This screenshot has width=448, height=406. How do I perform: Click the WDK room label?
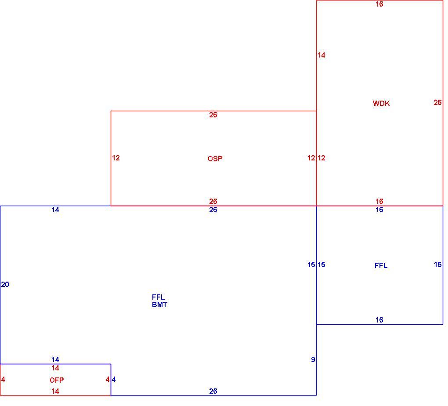pyautogui.click(x=381, y=103)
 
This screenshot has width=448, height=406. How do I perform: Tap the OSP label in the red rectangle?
pyautogui.click(x=215, y=159)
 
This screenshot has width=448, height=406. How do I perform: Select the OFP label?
pyautogui.click(x=57, y=380)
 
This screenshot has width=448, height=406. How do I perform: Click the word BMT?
pyautogui.click(x=160, y=305)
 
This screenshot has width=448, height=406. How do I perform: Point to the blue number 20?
pyautogui.click(x=5, y=284)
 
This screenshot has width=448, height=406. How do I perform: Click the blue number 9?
pyautogui.click(x=313, y=360)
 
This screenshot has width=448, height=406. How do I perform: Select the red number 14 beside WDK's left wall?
pyautogui.click(x=322, y=55)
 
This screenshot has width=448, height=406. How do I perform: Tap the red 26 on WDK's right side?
pyautogui.click(x=437, y=102)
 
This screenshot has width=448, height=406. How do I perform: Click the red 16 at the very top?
pyautogui.click(x=379, y=4)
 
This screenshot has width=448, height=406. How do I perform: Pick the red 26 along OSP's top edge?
pyautogui.click(x=213, y=115)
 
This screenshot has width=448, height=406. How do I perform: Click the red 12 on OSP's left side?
pyautogui.click(x=116, y=158)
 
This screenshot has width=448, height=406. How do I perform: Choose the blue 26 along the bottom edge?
pyautogui.click(x=213, y=391)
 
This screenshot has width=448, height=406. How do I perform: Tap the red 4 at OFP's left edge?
pyautogui.click(x=3, y=379)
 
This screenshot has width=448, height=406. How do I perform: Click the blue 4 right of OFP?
pyautogui.click(x=114, y=379)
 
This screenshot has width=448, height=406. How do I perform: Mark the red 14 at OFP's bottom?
pyautogui.click(x=55, y=391)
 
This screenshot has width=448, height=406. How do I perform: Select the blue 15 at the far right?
pyautogui.click(x=438, y=265)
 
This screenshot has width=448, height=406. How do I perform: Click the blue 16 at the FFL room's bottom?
pyautogui.click(x=379, y=320)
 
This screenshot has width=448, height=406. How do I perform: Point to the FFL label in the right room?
pyautogui.click(x=381, y=266)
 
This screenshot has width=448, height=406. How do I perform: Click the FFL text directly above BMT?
pyautogui.click(x=158, y=297)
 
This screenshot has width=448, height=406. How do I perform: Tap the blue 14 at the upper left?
pyautogui.click(x=55, y=210)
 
